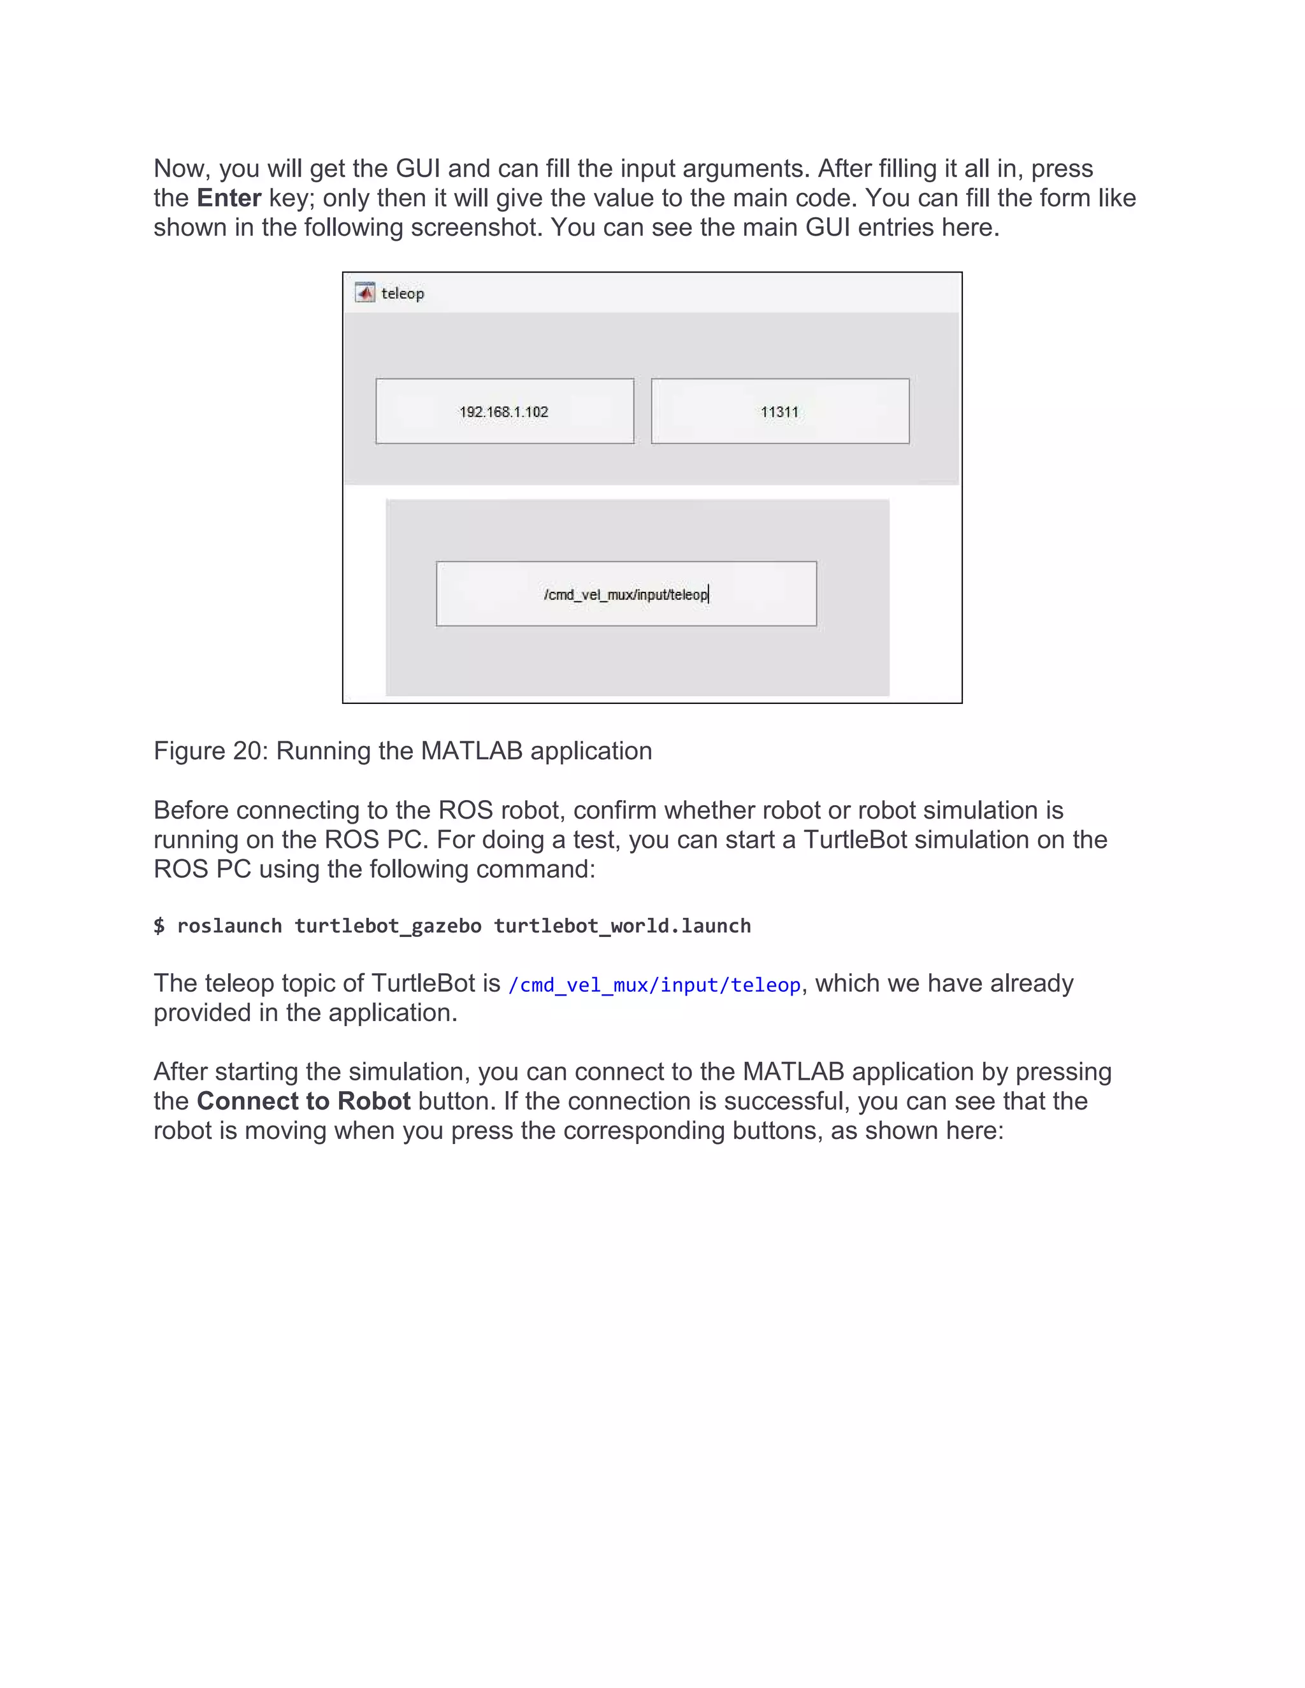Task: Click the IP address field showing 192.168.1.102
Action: [504, 411]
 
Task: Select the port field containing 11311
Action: [779, 411]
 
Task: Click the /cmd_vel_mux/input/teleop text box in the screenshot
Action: [626, 594]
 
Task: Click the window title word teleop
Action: [403, 294]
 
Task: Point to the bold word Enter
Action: [229, 198]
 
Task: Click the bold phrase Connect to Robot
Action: [303, 1101]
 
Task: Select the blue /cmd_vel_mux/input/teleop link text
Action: [654, 985]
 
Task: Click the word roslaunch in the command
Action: [229, 926]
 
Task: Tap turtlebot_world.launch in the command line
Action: [623, 926]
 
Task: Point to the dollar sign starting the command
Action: [159, 926]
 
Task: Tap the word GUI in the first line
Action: [417, 169]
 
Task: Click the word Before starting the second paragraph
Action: [192, 810]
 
